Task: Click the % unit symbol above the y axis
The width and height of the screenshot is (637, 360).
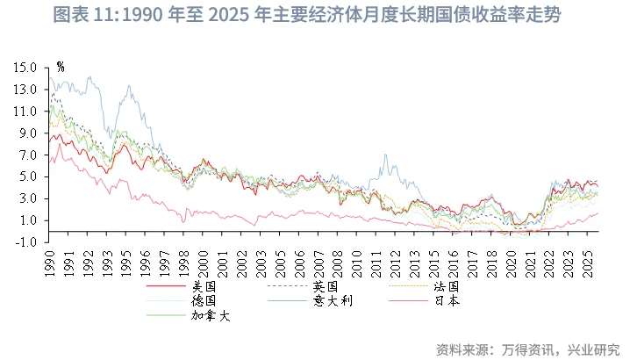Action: (x=60, y=66)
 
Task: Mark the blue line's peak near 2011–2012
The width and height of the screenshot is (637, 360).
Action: (x=385, y=155)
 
